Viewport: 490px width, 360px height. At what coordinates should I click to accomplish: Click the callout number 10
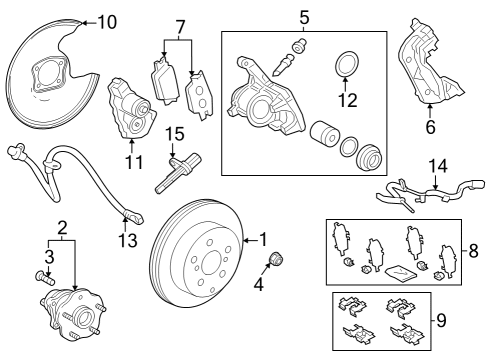[107, 20]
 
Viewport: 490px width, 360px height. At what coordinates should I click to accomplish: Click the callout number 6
[430, 127]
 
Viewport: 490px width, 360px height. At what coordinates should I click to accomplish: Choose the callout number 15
[176, 132]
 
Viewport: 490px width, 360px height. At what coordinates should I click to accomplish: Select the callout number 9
[473, 322]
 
